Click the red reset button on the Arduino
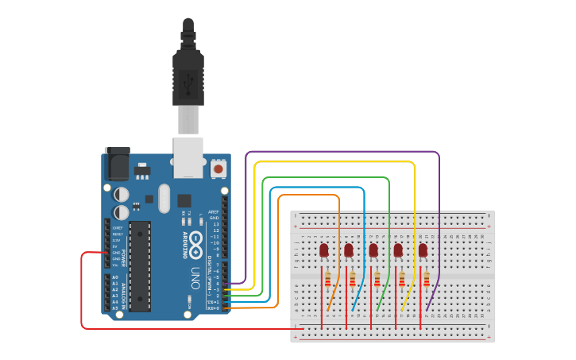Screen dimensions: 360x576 point(218,168)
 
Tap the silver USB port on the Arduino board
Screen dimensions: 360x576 point(188,157)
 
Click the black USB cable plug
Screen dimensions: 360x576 point(188,75)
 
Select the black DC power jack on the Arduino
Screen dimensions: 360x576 point(117,165)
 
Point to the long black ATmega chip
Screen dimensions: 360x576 point(140,265)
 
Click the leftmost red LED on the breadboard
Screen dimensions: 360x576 point(324,250)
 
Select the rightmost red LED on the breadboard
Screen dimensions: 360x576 point(423,250)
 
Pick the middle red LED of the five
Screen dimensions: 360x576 point(373,250)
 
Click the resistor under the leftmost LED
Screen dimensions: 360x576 point(328,279)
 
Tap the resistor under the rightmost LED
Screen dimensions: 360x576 point(427,279)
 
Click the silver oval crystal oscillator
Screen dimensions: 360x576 point(164,199)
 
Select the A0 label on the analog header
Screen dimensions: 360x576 point(115,277)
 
